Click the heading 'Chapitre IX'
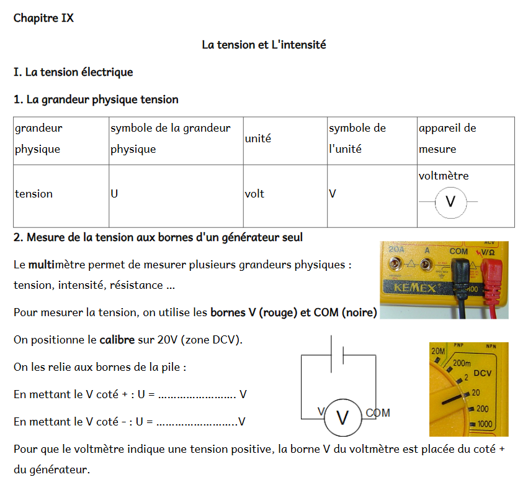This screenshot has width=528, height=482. point(43,18)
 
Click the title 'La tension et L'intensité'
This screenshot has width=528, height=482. point(264,45)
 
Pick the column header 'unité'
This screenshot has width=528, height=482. point(257,139)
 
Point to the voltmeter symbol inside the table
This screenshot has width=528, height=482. point(451,202)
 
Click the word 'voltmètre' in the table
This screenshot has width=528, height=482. point(444,176)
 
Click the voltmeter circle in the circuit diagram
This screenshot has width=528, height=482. point(342,417)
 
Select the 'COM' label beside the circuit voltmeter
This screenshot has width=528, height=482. point(378,413)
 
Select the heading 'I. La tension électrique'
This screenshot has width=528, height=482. point(73,72)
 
